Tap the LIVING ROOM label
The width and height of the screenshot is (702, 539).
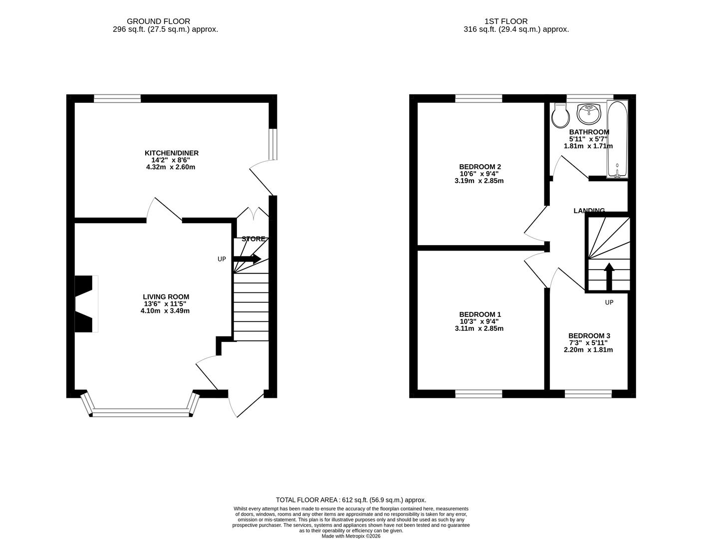[x=166, y=296]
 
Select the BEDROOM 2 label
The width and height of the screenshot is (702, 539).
[x=479, y=167]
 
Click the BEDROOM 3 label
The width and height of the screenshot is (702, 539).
[x=589, y=336]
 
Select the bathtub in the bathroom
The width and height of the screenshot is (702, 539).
[x=617, y=140]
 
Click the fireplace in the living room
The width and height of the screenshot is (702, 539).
[x=85, y=303]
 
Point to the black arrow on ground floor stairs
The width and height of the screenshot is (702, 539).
[x=247, y=259]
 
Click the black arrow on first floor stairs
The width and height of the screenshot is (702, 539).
[x=609, y=276]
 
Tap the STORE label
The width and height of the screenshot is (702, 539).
[x=253, y=239]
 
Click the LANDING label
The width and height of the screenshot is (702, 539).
[x=589, y=211]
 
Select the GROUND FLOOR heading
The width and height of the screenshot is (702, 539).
[x=158, y=21]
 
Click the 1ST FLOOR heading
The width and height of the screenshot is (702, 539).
[x=505, y=21]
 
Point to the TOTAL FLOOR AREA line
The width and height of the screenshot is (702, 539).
[x=351, y=500]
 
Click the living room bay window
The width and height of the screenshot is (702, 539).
[x=141, y=412]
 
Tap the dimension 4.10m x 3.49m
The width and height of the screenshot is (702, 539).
[x=165, y=311]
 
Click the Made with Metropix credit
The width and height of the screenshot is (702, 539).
[x=351, y=536]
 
